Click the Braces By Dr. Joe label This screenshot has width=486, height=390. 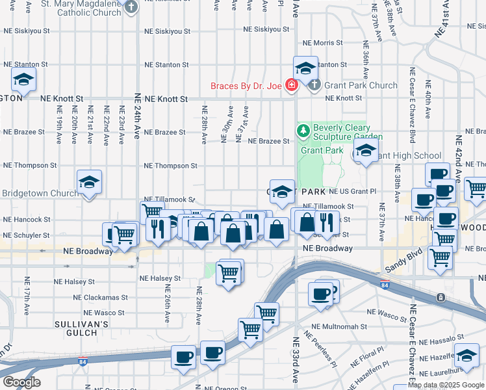(246, 86)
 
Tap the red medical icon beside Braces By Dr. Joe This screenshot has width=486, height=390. (292, 85)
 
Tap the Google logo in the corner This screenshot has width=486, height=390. (21, 382)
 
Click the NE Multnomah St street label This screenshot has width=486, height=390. (339, 327)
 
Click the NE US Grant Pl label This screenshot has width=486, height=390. (352, 192)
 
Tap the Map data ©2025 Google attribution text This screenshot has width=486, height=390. (446, 385)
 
